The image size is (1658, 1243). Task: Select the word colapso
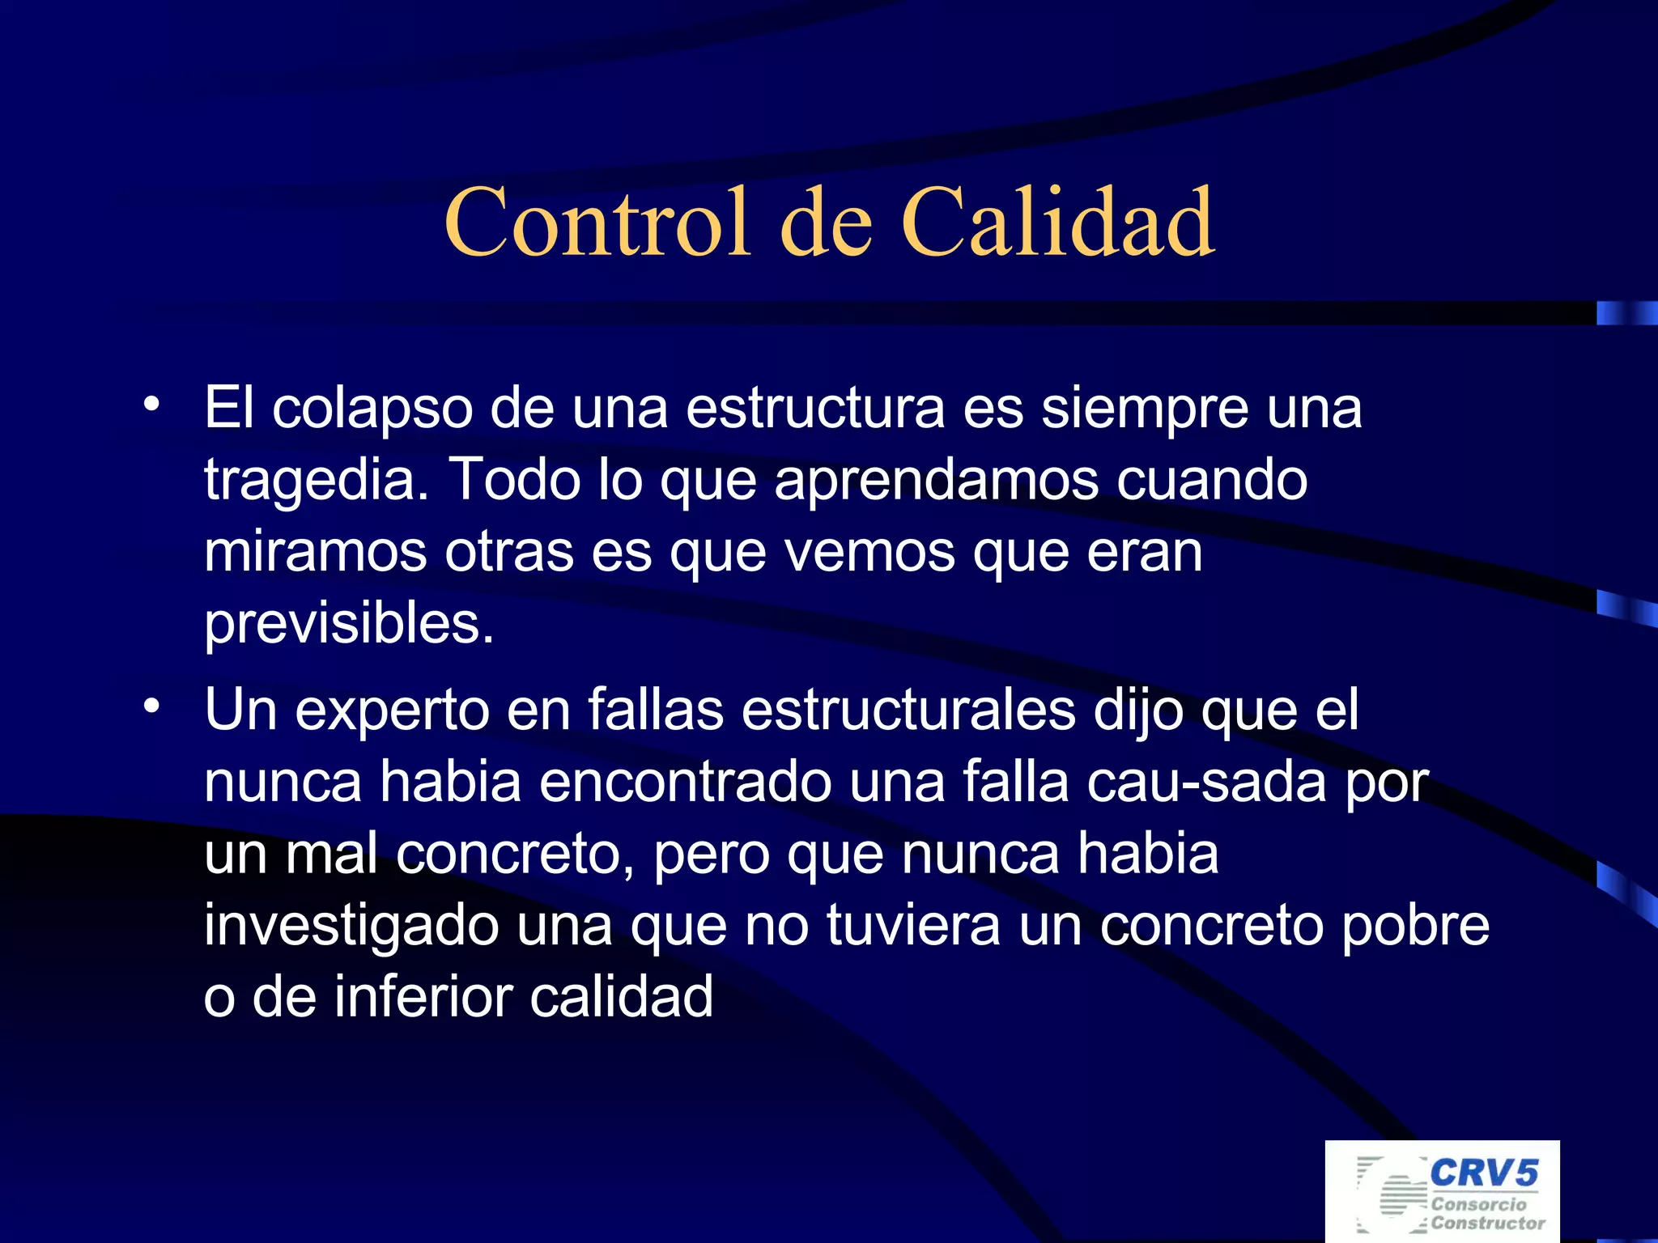coord(372,409)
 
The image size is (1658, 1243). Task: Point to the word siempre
coord(1144,409)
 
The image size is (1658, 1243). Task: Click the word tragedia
coord(316,481)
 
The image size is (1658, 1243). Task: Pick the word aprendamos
coord(937,481)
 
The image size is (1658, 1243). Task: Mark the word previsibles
coord(348,624)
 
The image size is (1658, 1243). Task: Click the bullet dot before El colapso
coord(151,404)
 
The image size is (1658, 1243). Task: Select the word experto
coord(392,711)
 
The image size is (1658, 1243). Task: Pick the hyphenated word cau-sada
coord(1206,783)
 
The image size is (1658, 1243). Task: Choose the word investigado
coord(351,926)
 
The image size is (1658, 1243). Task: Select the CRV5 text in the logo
coord(1484,1173)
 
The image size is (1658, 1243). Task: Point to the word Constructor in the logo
coord(1488,1223)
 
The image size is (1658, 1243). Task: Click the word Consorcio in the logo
coord(1478,1204)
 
